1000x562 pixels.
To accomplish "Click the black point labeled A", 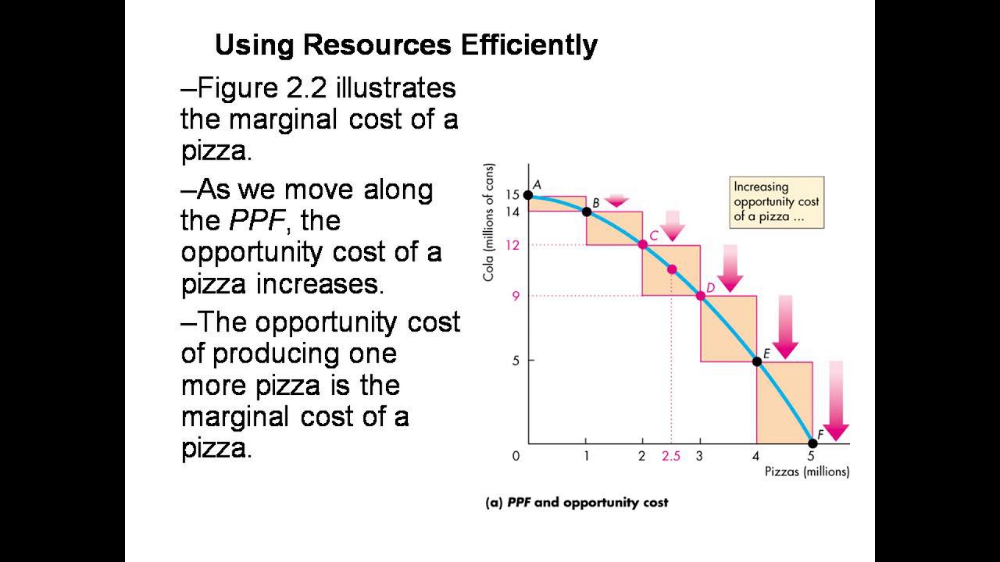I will click(x=528, y=195).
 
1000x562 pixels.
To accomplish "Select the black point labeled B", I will click(x=587, y=212).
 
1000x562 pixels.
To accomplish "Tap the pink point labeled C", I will click(x=643, y=244).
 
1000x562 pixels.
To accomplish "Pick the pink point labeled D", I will click(x=700, y=295).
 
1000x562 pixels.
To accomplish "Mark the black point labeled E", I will click(x=756, y=361).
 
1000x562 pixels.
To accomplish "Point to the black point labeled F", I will click(x=812, y=443).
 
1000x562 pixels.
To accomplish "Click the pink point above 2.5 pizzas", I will click(x=671, y=269).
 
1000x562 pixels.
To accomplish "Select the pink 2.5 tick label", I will click(x=671, y=457).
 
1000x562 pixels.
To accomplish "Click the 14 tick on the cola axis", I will click(x=512, y=211).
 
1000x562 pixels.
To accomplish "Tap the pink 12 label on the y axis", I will click(x=512, y=245).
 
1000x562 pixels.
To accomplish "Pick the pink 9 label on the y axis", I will click(x=516, y=296).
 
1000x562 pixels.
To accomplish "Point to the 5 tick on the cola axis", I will click(x=516, y=361).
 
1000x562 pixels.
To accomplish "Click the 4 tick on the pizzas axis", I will click(x=756, y=457).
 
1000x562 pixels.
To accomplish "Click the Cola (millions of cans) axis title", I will click(x=489, y=222).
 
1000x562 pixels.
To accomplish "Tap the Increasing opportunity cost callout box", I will click(x=776, y=202).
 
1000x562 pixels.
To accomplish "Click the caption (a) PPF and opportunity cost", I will click(x=577, y=503).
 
